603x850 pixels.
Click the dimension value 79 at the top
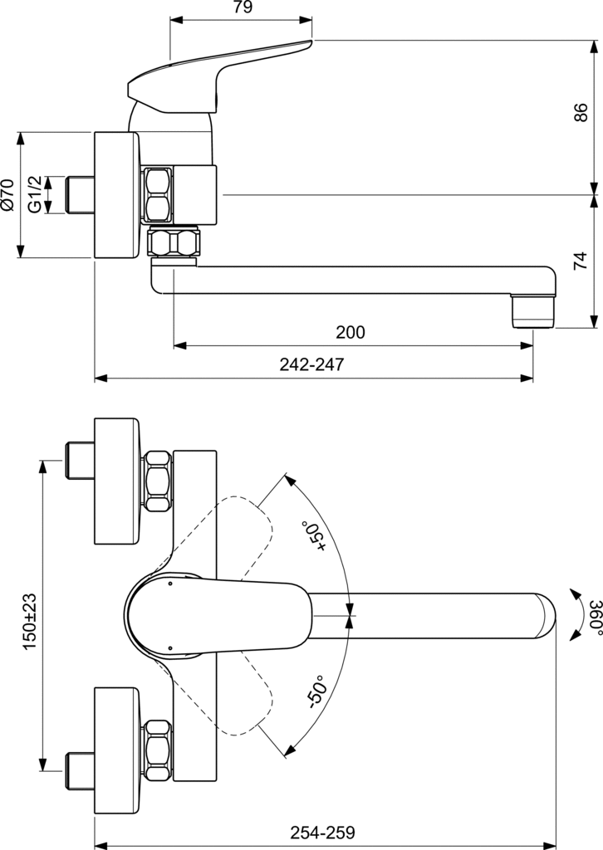242,8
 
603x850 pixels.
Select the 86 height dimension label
581,113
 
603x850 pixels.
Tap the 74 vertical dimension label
581,261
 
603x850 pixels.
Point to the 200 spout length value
350,333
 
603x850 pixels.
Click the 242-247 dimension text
311,364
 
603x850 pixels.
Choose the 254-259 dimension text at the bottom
323,832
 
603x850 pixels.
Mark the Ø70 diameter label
8,194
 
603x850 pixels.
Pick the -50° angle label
315,691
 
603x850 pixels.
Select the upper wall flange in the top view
116,481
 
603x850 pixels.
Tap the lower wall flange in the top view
116,751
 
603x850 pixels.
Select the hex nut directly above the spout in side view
174,242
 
